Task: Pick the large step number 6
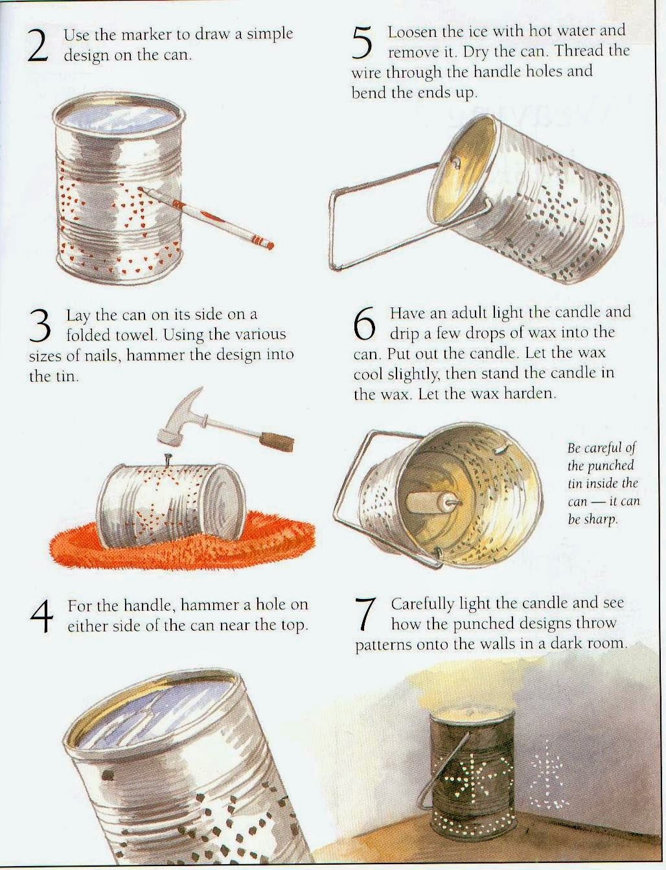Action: coord(365,324)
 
